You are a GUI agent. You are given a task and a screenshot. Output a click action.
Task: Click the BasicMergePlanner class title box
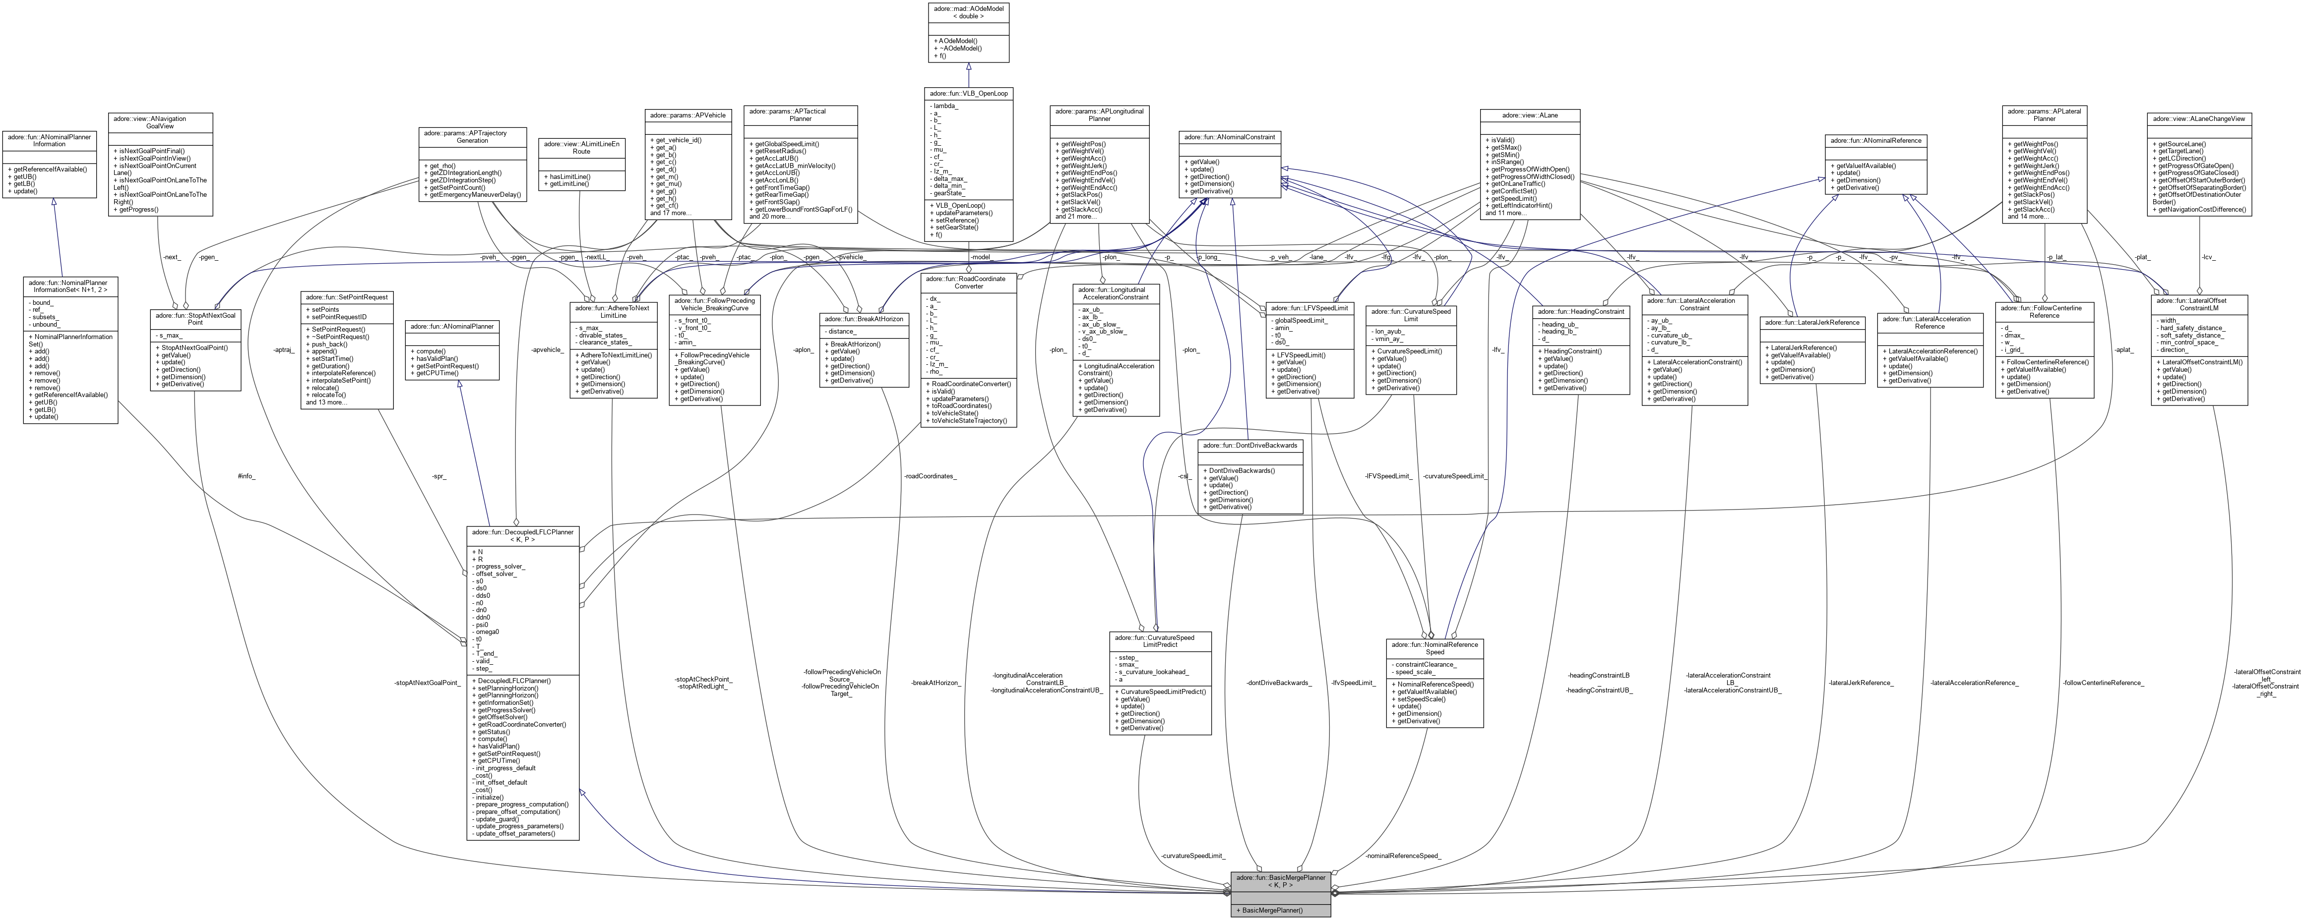tap(1280, 881)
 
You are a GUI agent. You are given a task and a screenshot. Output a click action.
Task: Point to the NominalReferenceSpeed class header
tap(1434, 647)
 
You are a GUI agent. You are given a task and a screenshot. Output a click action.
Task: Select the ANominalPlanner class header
tap(452, 326)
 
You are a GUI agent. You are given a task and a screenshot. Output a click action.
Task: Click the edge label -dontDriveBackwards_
tap(1279, 683)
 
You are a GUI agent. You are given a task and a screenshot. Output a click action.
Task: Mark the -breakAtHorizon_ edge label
tap(935, 683)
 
